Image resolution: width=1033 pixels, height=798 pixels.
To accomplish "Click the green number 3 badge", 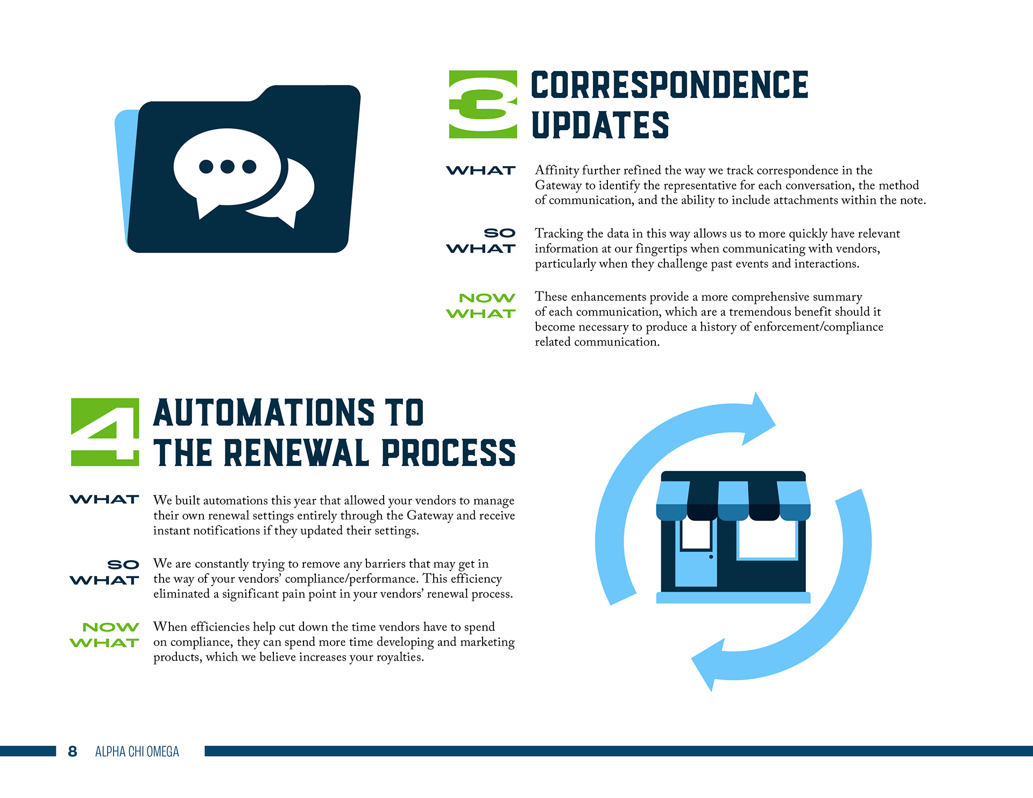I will tap(483, 104).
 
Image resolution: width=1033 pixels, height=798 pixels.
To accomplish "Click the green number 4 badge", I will tap(105, 432).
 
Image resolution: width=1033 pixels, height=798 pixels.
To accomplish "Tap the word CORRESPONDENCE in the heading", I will tap(669, 85).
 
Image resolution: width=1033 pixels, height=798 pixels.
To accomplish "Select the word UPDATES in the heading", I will tap(600, 125).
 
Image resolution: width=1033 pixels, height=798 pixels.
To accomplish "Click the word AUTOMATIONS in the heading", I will tap(264, 412).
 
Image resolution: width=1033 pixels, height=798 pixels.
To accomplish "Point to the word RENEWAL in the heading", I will tap(295, 453).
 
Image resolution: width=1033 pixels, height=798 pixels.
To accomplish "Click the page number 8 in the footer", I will tap(73, 751).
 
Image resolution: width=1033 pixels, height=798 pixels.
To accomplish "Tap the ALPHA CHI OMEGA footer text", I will tap(137, 751).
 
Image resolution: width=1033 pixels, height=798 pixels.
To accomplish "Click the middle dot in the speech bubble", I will tap(228, 167).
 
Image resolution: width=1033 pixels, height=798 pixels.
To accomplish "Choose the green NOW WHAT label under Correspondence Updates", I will tap(481, 305).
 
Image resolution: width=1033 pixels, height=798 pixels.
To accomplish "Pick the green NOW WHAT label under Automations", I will tap(104, 635).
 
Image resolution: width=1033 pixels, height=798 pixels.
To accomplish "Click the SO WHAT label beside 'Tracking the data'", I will tap(481, 241).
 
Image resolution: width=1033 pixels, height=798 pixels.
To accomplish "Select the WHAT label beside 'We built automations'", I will tap(104, 500).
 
